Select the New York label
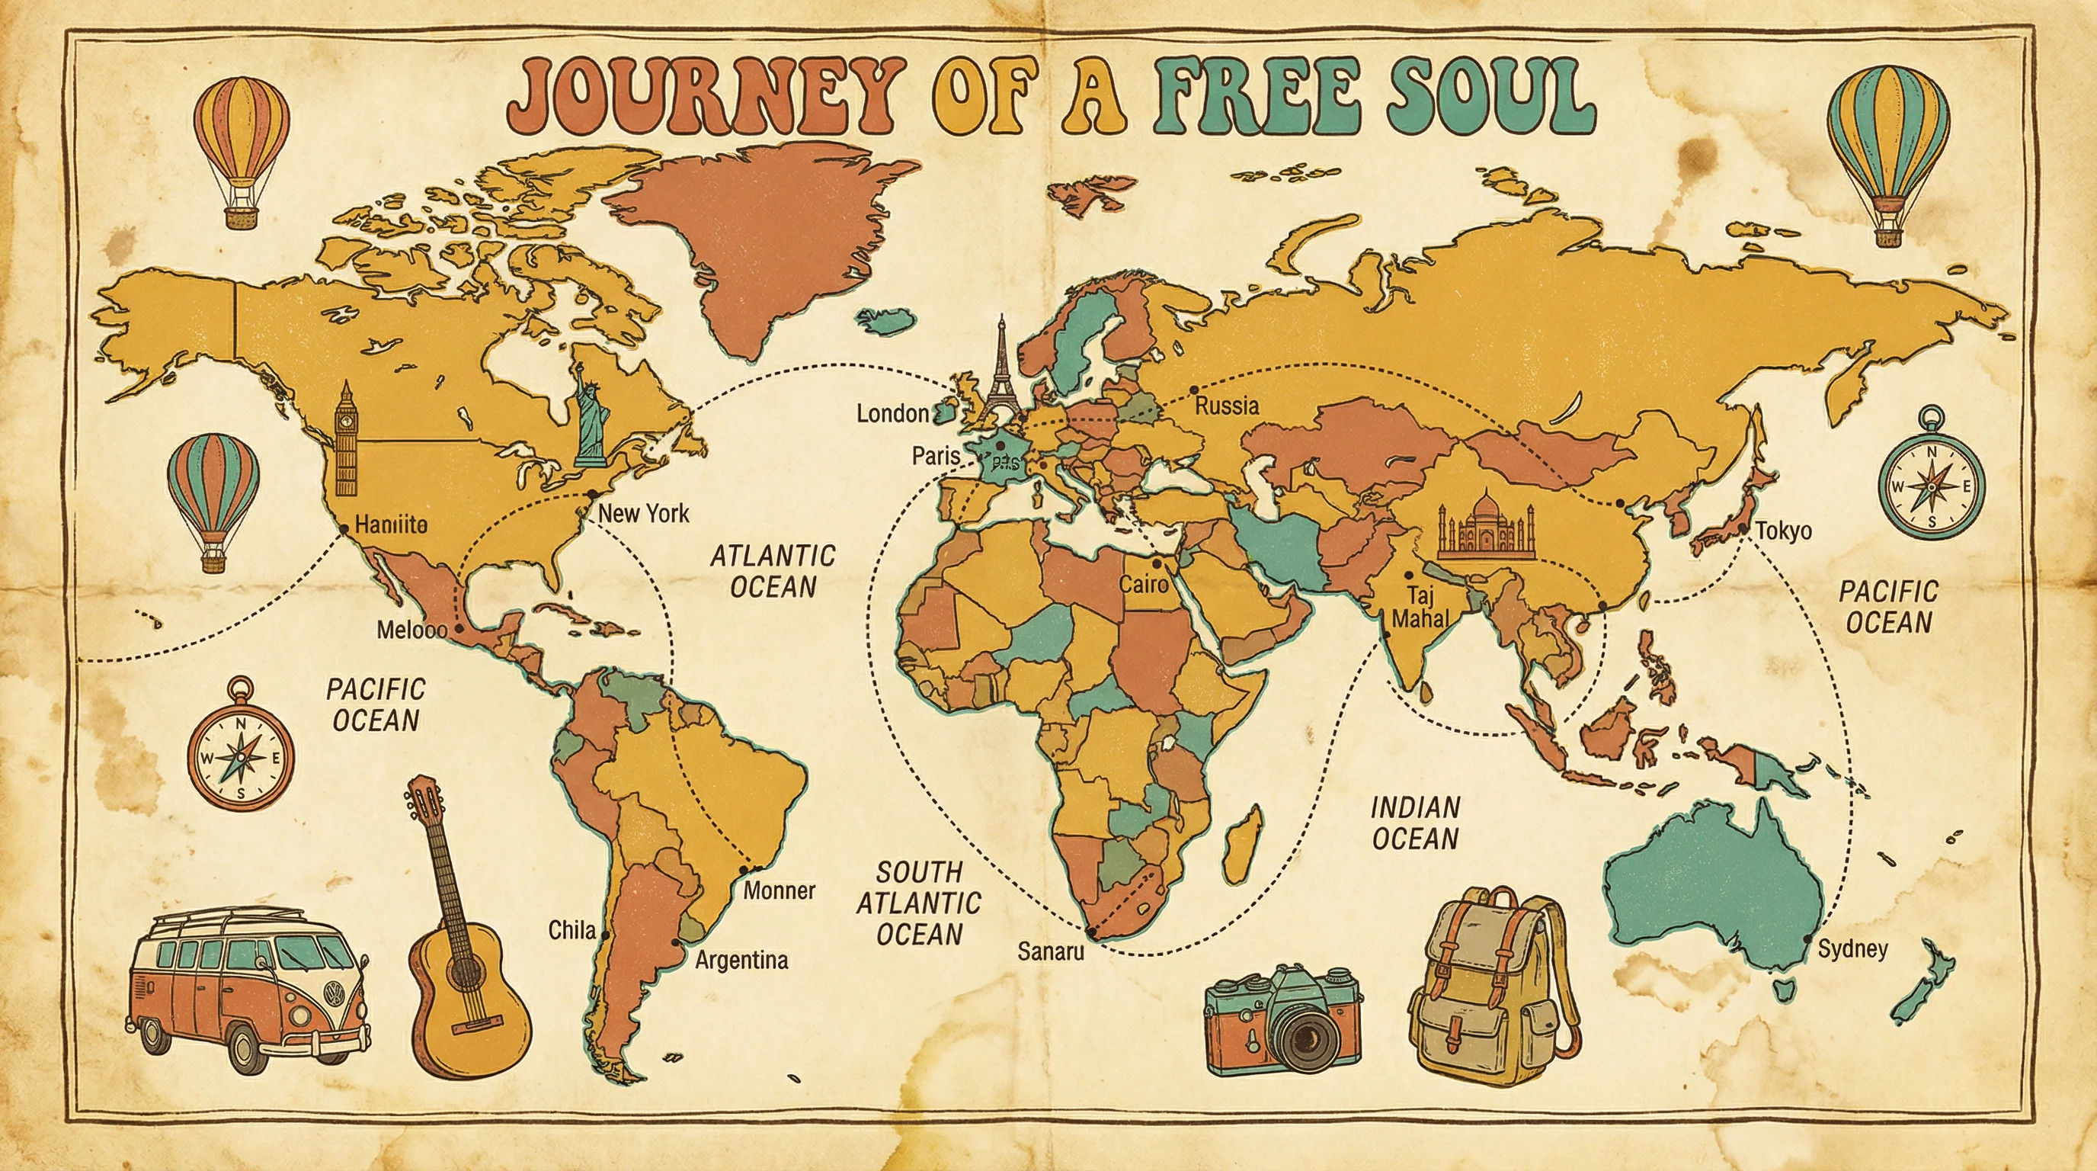click(643, 513)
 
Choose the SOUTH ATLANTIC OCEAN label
click(919, 903)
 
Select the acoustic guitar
click(462, 945)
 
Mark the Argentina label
click(741, 960)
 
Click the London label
click(892, 414)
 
